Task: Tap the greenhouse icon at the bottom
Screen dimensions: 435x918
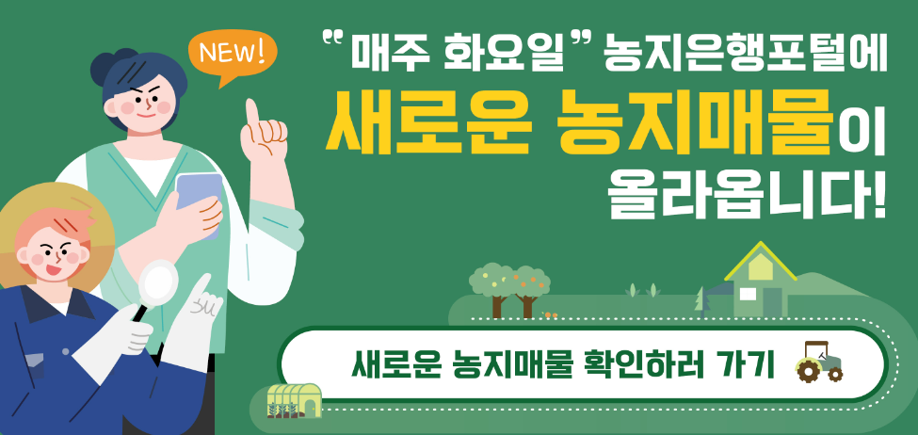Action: [x=294, y=400]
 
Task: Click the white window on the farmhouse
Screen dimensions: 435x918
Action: [x=747, y=295]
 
